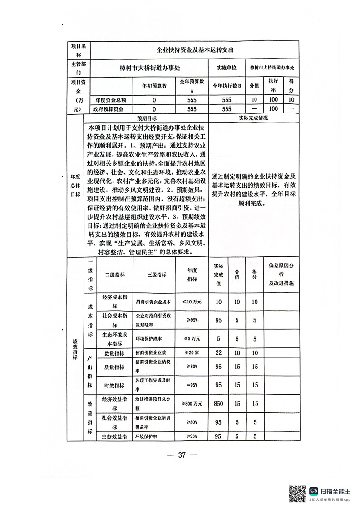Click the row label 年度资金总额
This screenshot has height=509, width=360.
[110, 100]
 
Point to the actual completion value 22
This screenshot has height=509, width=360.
[218, 352]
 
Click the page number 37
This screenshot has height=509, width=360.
[180, 455]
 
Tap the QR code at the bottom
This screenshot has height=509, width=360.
[297, 493]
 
